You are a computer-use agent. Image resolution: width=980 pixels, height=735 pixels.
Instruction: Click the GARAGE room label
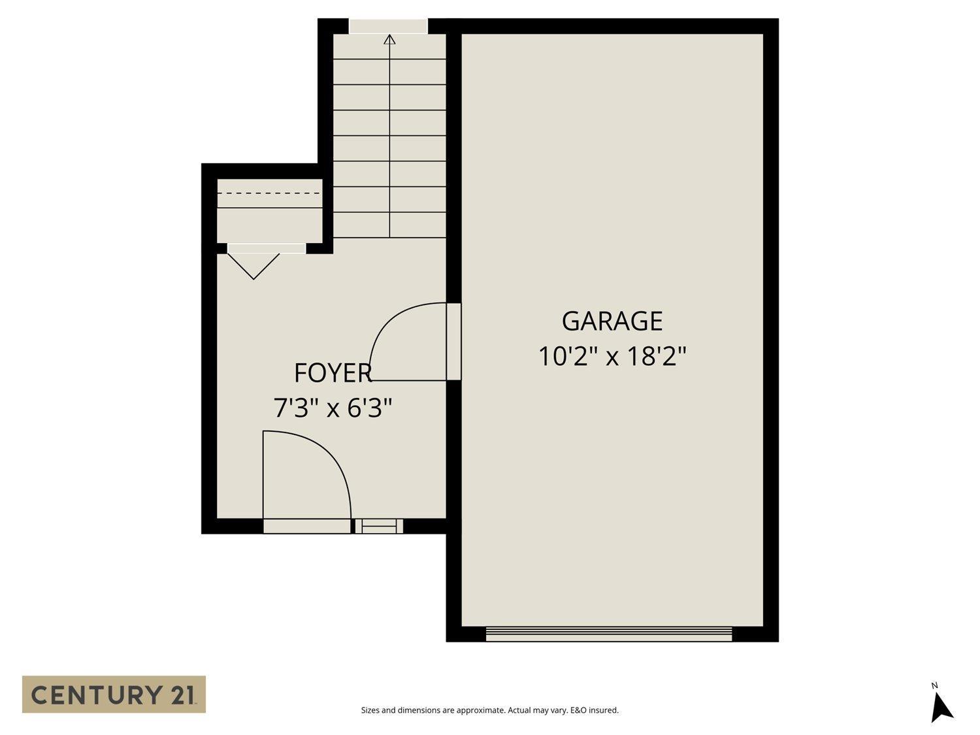point(612,321)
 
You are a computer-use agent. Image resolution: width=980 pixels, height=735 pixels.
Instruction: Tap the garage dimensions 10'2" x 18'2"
point(612,357)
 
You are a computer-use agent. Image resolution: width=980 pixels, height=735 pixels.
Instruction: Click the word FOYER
point(333,373)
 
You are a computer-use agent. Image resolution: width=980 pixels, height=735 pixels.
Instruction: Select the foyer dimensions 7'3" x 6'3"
point(333,409)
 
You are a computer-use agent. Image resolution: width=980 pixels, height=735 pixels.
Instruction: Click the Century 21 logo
point(114,694)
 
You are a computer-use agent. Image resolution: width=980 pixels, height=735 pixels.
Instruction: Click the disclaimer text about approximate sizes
point(489,710)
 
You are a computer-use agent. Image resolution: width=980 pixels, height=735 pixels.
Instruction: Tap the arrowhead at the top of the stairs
point(390,39)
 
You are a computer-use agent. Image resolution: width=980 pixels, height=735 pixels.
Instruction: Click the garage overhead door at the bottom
point(609,634)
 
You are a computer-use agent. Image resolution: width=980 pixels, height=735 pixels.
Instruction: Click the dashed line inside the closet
point(269,193)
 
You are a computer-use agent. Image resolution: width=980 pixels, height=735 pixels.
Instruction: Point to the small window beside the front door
point(379,525)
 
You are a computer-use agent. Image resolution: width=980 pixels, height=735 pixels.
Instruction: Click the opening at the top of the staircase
point(388,26)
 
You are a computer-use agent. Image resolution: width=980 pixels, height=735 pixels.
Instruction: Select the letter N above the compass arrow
point(935,685)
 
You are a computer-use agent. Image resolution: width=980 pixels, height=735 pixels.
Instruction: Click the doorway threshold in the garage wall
point(453,341)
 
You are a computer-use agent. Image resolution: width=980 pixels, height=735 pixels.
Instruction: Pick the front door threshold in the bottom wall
point(307,526)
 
